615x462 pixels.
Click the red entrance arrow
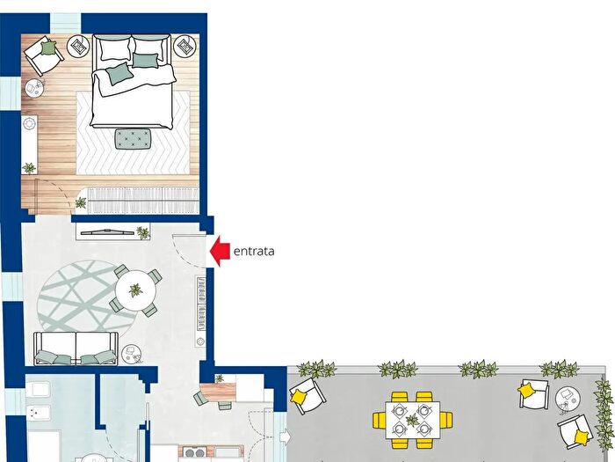click(220, 251)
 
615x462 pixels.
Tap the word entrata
click(254, 252)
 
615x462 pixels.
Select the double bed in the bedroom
click(132, 81)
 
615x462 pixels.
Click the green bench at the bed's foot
click(134, 139)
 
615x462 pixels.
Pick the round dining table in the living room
click(135, 290)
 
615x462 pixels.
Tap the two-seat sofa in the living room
click(76, 348)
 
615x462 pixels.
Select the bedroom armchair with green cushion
click(44, 55)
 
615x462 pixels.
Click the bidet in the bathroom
click(38, 414)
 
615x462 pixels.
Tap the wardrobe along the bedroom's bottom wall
click(143, 201)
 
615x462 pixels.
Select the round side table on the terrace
click(568, 400)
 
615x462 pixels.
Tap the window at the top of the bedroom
click(66, 23)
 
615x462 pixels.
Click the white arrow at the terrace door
click(286, 436)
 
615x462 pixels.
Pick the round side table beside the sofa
click(131, 354)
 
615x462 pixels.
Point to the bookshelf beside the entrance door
click(201, 312)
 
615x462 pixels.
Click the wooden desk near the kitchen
click(218, 392)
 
